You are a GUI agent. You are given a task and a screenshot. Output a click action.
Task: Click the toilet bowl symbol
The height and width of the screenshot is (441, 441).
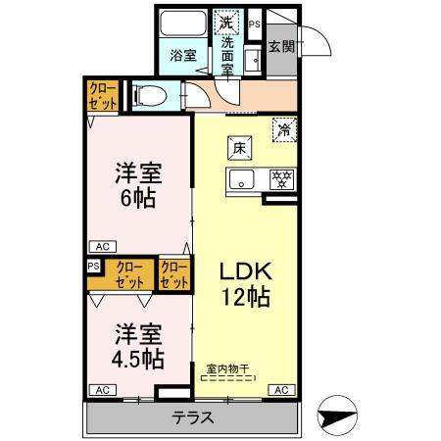point(150,96)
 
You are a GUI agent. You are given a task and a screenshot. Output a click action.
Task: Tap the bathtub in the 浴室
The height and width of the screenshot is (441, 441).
point(183,23)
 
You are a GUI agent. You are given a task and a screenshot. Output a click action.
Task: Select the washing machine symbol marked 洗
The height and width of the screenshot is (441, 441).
point(226,23)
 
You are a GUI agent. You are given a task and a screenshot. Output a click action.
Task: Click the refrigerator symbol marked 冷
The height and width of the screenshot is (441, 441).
point(284,130)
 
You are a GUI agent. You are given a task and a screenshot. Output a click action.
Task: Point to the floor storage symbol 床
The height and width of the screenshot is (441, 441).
point(240,148)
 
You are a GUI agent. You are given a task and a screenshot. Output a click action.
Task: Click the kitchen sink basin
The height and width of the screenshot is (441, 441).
point(242,179)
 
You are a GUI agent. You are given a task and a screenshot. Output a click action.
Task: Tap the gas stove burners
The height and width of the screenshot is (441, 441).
point(282,179)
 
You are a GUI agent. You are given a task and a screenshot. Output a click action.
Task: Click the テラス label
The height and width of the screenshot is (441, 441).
point(193,417)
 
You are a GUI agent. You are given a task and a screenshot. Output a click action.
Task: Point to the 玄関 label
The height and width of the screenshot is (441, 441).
point(281,46)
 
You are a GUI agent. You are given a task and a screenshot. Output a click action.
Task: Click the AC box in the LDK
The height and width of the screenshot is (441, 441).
point(281,390)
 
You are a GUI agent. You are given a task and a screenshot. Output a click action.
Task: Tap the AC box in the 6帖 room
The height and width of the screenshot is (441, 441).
point(103,247)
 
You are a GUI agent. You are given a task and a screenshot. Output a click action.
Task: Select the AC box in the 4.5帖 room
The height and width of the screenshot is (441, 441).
point(103,390)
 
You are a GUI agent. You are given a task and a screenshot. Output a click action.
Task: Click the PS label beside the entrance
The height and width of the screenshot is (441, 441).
point(255,24)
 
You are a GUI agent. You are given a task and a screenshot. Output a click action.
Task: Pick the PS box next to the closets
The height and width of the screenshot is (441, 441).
point(94,266)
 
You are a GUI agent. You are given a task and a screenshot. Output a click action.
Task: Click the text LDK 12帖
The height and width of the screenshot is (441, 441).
point(246,284)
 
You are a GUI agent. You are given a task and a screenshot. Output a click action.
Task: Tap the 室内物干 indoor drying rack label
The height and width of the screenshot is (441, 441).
point(227,369)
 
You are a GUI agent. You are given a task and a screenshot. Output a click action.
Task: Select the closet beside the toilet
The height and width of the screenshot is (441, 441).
point(103,96)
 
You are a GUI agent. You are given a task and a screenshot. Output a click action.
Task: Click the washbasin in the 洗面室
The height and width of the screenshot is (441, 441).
point(253,60)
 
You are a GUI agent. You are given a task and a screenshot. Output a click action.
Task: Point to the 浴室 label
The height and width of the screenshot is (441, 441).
point(183,56)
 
